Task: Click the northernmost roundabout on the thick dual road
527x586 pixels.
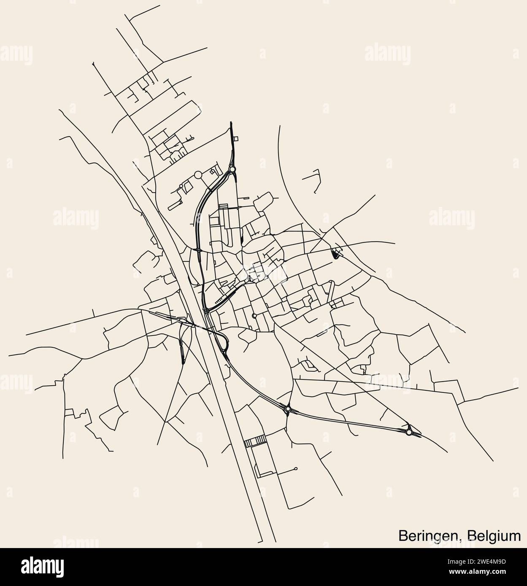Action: (232, 170)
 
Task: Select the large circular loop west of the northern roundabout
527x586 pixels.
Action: (198, 175)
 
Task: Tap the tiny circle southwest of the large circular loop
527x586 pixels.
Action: (181, 185)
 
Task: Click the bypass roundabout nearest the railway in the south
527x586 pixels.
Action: (288, 409)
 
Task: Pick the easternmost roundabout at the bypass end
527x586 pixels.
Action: (409, 432)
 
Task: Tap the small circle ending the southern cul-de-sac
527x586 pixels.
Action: (296, 468)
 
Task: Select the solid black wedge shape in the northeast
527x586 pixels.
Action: (336, 254)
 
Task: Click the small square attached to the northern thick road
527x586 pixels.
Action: (236, 139)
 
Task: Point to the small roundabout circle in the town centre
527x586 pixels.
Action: (254, 315)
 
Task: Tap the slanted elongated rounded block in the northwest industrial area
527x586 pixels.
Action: (175, 206)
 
